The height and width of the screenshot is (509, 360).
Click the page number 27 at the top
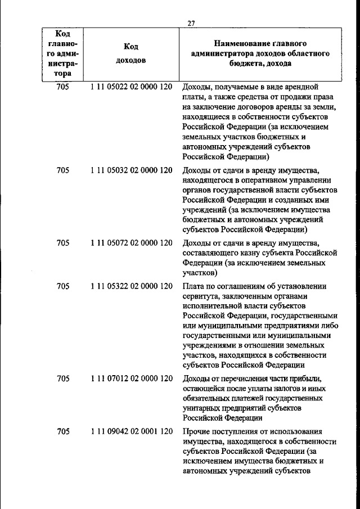click(x=191, y=23)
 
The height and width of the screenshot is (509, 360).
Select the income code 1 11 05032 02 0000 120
click(x=130, y=169)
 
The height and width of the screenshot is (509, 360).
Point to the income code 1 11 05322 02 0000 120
click(x=130, y=286)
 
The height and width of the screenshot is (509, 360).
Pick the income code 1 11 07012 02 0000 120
click(x=130, y=379)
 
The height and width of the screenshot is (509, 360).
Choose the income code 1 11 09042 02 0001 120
click(x=130, y=431)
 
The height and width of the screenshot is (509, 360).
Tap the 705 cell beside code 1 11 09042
click(x=63, y=431)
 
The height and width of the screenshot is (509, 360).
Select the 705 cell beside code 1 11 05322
click(x=63, y=286)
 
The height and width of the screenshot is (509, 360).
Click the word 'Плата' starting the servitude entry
click(x=193, y=286)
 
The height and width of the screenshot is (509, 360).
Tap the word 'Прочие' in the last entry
click(x=196, y=431)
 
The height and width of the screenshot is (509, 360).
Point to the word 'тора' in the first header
click(x=63, y=74)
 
